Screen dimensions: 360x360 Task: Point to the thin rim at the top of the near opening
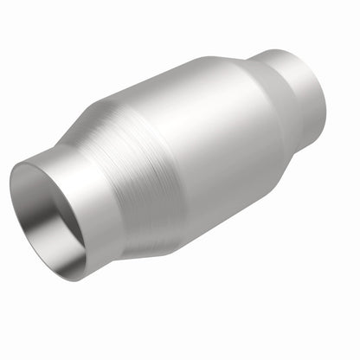click(43, 161)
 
